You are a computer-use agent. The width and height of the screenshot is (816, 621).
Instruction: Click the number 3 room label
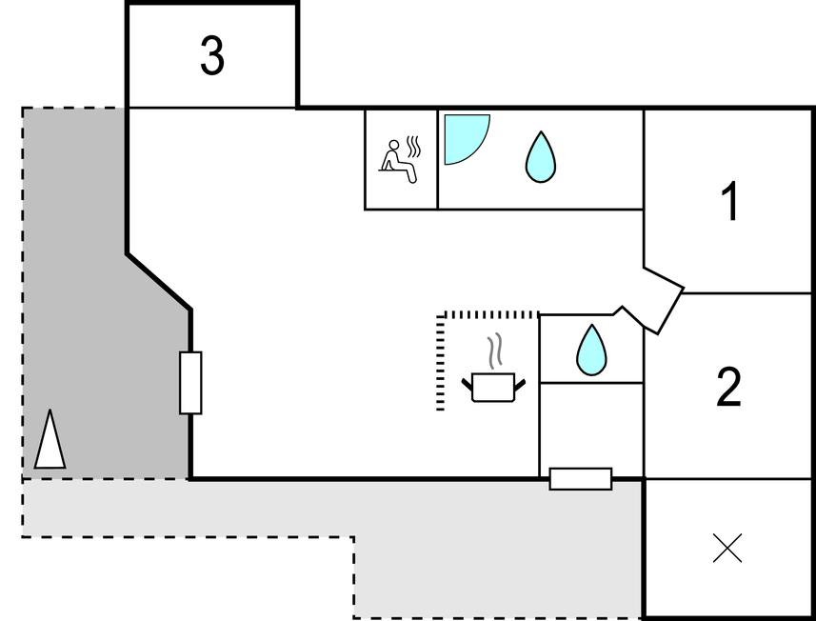(212, 56)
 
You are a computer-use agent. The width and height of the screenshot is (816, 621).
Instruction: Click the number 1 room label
(729, 203)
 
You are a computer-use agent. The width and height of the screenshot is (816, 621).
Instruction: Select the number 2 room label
(728, 388)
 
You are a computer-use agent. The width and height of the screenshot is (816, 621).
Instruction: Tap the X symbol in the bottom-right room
(727, 549)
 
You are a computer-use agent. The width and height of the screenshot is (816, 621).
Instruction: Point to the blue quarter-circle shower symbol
(464, 136)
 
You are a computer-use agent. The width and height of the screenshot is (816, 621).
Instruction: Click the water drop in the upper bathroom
(540, 157)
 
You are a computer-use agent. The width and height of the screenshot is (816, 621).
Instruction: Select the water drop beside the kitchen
(591, 350)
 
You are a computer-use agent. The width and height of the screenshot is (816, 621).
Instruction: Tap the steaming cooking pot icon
(493, 387)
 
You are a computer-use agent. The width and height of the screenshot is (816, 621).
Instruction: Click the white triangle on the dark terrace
(50, 440)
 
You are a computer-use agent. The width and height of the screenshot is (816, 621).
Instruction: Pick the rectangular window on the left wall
(190, 382)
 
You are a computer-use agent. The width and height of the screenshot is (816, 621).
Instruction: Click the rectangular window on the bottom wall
(581, 478)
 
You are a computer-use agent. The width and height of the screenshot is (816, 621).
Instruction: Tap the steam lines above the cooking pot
(493, 352)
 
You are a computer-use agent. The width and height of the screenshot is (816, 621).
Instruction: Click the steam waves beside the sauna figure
(413, 148)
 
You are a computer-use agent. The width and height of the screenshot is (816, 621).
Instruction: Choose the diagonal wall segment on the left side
(159, 281)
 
